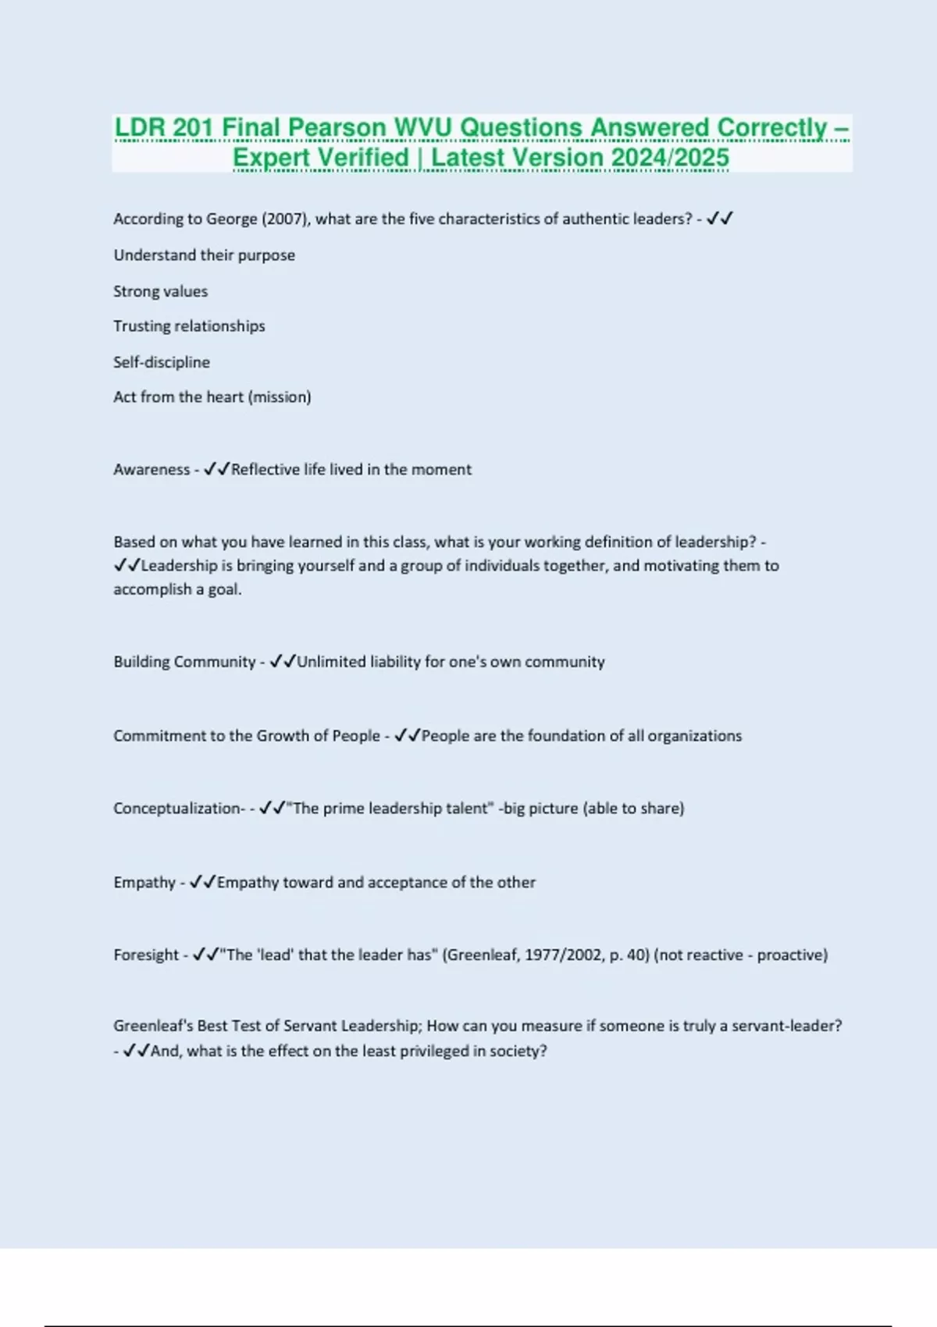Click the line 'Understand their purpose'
[x=204, y=255]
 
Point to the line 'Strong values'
[x=160, y=291]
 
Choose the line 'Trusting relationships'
[x=189, y=326]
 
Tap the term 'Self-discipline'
[x=162, y=362]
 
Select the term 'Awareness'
[x=151, y=470]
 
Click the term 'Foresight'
[x=146, y=955]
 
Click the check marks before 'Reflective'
[x=216, y=470]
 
